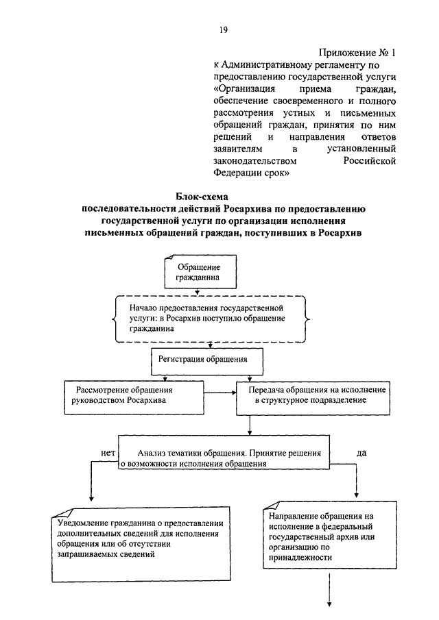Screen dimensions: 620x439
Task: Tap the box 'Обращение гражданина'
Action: pos(200,272)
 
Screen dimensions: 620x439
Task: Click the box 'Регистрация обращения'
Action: pos(203,358)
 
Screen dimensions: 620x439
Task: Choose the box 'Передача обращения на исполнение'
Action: pos(311,395)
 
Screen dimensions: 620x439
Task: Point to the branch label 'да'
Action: pos(361,453)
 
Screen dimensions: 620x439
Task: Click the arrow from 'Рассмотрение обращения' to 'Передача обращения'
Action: pos(220,393)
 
